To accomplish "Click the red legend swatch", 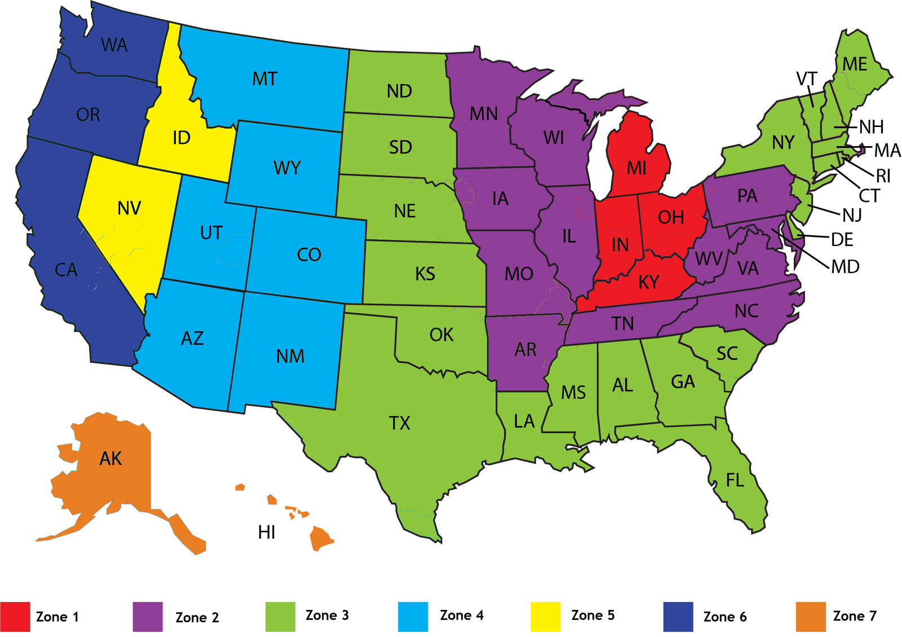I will tap(15, 617).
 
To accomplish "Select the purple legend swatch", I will tap(147, 617).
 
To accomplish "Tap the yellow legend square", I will tap(545, 617).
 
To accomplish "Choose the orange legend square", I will tap(811, 617).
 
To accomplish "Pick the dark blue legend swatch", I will tap(678, 617).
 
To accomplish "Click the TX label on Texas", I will tap(400, 423).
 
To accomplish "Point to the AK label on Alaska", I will tap(110, 459).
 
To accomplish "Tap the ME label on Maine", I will tap(855, 64).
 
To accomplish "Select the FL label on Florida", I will tap(735, 480).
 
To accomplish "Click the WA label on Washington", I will tap(114, 45).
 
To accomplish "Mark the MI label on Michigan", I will tap(637, 168).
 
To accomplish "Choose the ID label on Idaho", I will tap(182, 138).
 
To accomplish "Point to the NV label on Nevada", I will tap(129, 209).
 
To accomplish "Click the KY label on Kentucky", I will tap(649, 282).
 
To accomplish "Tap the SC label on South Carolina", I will tap(727, 354).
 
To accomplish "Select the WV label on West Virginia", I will tap(709, 259).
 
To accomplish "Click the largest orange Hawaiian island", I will tap(320, 538).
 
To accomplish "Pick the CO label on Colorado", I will tap(309, 255).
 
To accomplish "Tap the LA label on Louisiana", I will tap(524, 421).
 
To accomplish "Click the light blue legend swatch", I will tap(413, 617).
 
